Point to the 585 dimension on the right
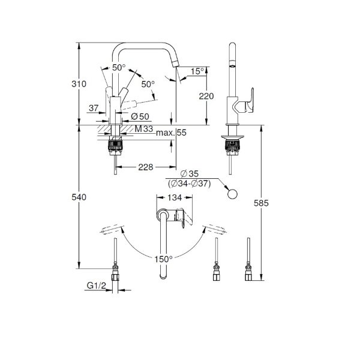pyautogui.click(x=271, y=204)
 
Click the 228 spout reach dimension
pyautogui.click(x=144, y=167)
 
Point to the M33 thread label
pyautogui.click(x=142, y=129)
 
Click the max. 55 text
pyautogui.click(x=172, y=133)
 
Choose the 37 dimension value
pyautogui.click(x=92, y=108)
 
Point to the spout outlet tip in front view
pyautogui.click(x=176, y=64)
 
